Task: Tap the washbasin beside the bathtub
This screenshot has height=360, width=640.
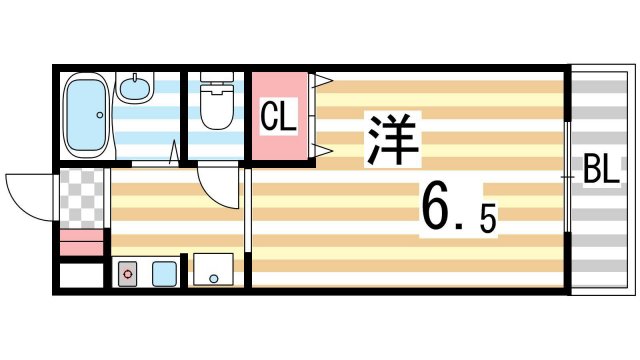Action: tap(133, 88)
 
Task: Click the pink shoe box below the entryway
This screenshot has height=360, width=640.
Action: tap(81, 243)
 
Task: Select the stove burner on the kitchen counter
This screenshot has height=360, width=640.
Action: tap(128, 272)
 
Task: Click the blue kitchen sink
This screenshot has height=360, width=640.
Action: tap(163, 271)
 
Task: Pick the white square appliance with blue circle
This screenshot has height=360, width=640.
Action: tap(213, 271)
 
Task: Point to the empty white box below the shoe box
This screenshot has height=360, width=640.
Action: tap(81, 275)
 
